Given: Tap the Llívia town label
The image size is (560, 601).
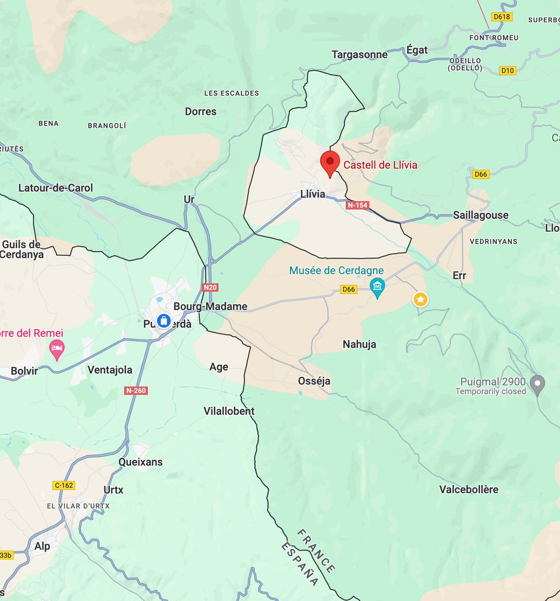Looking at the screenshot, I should (313, 194).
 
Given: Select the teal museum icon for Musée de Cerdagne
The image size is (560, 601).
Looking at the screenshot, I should (377, 286).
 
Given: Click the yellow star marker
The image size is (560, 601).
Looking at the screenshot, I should (420, 299).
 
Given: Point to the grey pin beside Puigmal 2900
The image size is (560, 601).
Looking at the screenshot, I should (538, 384).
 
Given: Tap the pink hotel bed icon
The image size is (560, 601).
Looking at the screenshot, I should (57, 348).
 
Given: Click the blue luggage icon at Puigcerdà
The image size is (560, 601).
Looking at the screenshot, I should (163, 321).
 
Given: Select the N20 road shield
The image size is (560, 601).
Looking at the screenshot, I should (210, 287).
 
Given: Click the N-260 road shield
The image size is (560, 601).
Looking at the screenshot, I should (136, 390).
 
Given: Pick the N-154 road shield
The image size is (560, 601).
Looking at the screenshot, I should (357, 205).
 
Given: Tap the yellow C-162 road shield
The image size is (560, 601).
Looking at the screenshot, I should (64, 485).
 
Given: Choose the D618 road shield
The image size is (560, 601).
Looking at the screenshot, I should (502, 17).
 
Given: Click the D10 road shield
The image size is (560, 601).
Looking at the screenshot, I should (507, 71).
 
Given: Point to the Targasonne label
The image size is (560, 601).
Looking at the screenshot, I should (359, 55).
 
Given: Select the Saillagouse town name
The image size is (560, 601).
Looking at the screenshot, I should (481, 215).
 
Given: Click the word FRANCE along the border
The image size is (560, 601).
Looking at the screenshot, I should (316, 551).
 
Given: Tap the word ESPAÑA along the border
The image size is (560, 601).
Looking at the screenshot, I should (300, 564).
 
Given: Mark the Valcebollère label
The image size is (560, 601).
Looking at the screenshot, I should (469, 489).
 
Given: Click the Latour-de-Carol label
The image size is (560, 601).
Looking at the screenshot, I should (56, 188).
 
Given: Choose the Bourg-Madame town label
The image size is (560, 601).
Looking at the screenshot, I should (210, 306).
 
